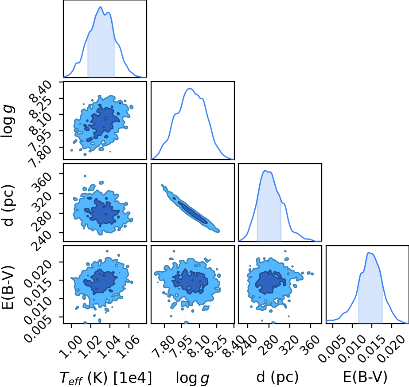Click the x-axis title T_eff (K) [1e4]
click(105, 378)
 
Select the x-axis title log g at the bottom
click(192, 378)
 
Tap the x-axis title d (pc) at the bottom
click(277, 377)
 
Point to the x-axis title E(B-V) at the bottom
click(365, 377)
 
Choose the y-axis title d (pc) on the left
click(8, 205)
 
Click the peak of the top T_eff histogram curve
click(101, 7)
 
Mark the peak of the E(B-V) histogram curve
click(369, 253)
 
